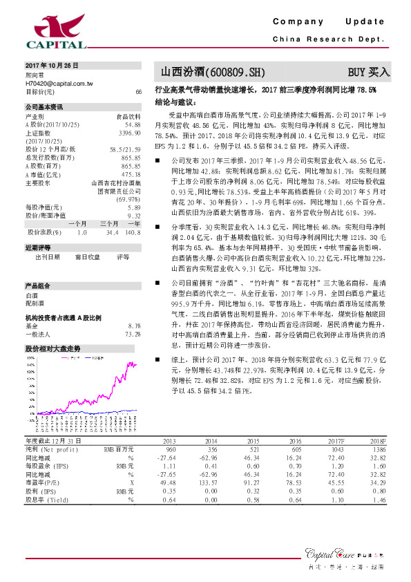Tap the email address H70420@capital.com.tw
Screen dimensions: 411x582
pyautogui.click(x=60, y=82)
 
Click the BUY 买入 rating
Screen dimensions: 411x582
pyautogui.click(x=368, y=71)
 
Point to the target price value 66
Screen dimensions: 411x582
pyautogui.click(x=138, y=91)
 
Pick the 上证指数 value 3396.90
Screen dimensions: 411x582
pyautogui.click(x=130, y=132)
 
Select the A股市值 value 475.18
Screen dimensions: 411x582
pyautogui.click(x=131, y=174)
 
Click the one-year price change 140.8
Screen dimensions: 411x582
pyautogui.click(x=133, y=232)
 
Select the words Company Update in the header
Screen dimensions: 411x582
pyautogui.click(x=328, y=22)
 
